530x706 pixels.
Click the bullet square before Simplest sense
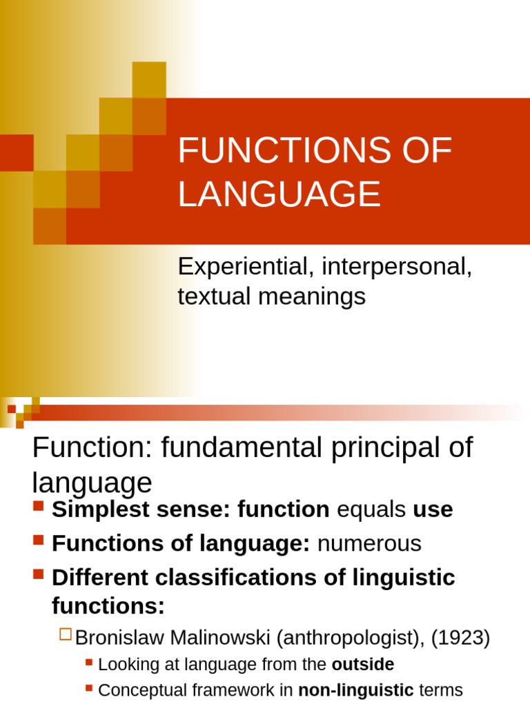pos(38,507)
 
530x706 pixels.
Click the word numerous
pos(369,543)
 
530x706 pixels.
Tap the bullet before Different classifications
pos(38,574)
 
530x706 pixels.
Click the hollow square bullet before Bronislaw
pos(66,636)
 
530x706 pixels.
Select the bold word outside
pos(363,665)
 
